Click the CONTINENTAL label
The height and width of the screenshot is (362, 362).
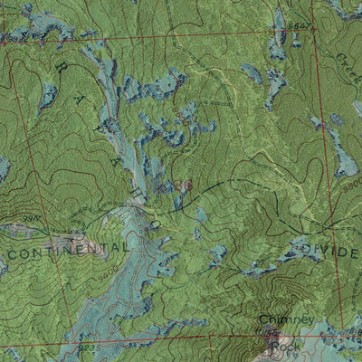pos(69,247)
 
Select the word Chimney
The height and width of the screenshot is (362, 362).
pos(286,320)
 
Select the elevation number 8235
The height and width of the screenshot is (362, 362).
pos(87,346)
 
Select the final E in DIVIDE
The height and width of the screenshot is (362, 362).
pos(356,250)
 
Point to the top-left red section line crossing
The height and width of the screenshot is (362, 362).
pos(7,42)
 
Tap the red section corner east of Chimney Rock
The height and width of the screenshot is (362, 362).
pos(342,328)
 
